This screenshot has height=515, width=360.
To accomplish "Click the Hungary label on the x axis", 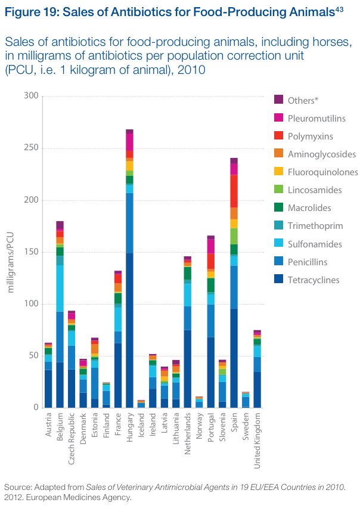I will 129,428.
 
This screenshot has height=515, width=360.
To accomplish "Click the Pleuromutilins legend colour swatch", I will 278,119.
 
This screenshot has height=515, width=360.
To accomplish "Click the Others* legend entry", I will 303,100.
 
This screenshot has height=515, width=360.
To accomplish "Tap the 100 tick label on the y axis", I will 32,304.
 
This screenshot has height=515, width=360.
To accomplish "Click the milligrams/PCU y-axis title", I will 11,252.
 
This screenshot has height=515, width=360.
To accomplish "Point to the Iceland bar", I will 141,404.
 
